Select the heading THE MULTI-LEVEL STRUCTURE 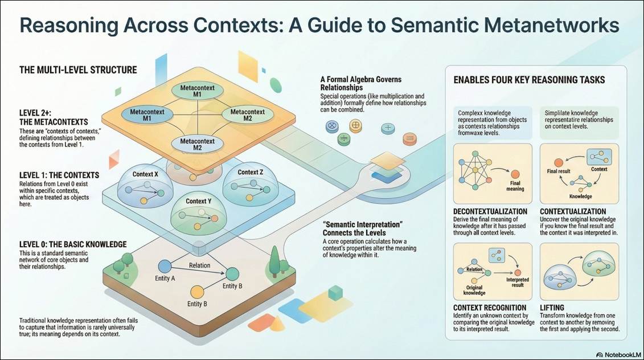78,70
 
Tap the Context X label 146,174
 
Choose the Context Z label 249,172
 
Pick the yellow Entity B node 196,292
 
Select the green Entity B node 233,273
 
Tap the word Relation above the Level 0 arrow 199,265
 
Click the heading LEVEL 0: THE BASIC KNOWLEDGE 73,244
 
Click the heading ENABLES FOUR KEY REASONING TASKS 529,80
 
